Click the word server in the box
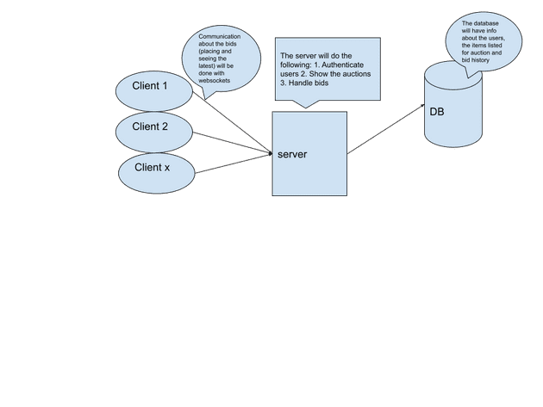pyautogui.click(x=292, y=154)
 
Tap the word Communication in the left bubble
pyautogui.click(x=220, y=37)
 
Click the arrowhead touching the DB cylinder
pyautogui.click(x=421, y=107)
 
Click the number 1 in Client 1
pyautogui.click(x=165, y=85)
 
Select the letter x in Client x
pyautogui.click(x=166, y=167)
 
